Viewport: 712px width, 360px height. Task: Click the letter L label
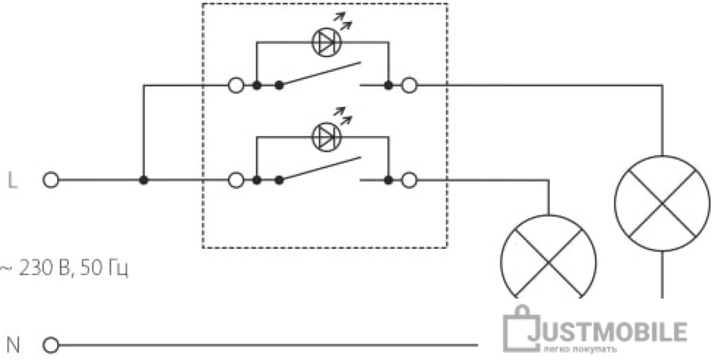click(x=13, y=181)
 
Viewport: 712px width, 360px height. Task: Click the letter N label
click(x=14, y=346)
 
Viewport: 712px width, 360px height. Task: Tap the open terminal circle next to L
click(x=51, y=180)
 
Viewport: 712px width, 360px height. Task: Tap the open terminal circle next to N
click(x=51, y=346)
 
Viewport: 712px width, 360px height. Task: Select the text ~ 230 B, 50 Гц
click(x=63, y=269)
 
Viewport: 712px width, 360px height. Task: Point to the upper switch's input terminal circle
click(x=236, y=85)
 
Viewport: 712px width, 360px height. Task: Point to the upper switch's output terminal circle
click(x=409, y=85)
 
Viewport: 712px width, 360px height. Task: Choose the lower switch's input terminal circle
click(x=236, y=180)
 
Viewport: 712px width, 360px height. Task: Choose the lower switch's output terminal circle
click(x=409, y=180)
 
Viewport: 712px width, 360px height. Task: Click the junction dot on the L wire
click(x=144, y=180)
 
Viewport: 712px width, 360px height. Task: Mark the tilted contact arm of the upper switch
click(x=320, y=74)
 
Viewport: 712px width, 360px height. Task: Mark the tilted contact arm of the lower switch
click(x=320, y=168)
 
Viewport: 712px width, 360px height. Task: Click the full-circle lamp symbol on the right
click(x=662, y=155)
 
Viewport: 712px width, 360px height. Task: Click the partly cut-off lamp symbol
click(x=548, y=215)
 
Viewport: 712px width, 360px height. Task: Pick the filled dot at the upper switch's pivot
click(x=279, y=85)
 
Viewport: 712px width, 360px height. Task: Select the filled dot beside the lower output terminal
click(x=388, y=180)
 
